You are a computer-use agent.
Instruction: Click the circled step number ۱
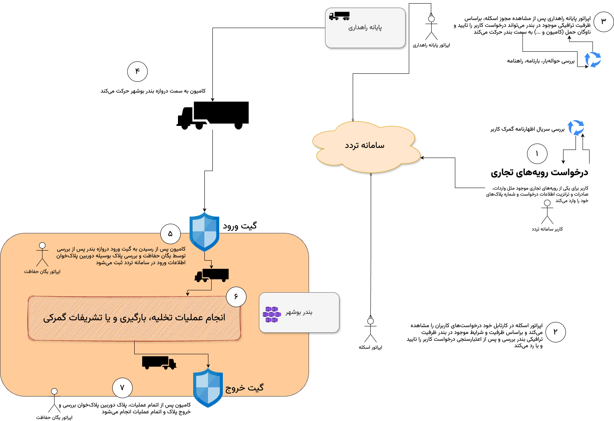pos(537,154)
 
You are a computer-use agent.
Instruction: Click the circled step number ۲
pos(555,332)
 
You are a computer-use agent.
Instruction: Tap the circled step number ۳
pos(604,22)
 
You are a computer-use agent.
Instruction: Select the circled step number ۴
pos(137,72)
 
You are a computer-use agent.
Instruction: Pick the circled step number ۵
pos(170,234)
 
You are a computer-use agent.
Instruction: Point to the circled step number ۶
pos(236,297)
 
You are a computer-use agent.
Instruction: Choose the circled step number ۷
pos(122,388)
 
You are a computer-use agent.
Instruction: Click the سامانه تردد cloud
pos(365,146)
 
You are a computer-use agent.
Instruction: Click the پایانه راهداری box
pos(365,28)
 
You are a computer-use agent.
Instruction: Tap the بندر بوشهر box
pos(299,313)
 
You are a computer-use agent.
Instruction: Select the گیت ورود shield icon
pos(204,232)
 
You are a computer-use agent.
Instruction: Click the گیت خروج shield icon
pos(208,388)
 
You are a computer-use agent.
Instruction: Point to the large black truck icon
pos(213,115)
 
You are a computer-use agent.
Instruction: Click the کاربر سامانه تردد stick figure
pos(547,212)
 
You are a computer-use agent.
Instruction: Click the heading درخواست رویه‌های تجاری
pos(539,173)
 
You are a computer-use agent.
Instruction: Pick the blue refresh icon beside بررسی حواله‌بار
pos(593,60)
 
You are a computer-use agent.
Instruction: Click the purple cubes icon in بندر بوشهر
pos(272,315)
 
